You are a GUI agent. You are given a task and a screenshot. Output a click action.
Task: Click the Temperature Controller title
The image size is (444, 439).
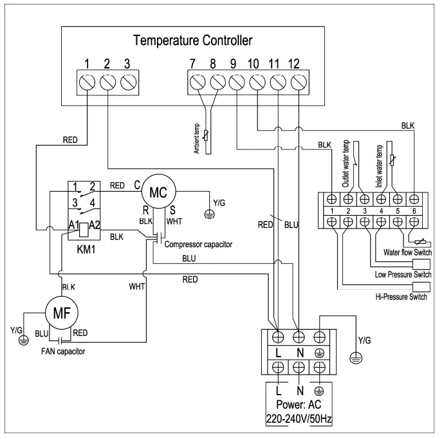point(192,41)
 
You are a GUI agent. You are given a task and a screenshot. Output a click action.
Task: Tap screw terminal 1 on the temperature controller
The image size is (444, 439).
point(87,82)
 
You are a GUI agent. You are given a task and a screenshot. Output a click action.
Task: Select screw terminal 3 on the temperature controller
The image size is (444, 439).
point(127,82)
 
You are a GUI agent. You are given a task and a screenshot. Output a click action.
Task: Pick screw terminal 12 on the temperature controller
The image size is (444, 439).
point(297,82)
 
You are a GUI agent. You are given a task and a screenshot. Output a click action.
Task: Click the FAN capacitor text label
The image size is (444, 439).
point(59,351)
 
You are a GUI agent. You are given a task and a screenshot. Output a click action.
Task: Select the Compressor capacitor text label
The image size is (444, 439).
point(198,245)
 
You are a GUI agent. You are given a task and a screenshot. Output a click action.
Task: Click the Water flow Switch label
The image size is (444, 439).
point(406,252)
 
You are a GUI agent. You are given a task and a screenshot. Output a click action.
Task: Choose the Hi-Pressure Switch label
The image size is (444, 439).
point(401,297)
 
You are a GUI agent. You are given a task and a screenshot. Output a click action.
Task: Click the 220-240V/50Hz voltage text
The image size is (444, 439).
point(299,419)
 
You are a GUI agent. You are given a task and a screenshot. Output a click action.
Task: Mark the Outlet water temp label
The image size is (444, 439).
point(346,163)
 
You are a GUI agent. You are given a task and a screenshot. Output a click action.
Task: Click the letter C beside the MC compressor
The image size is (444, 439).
point(137,185)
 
